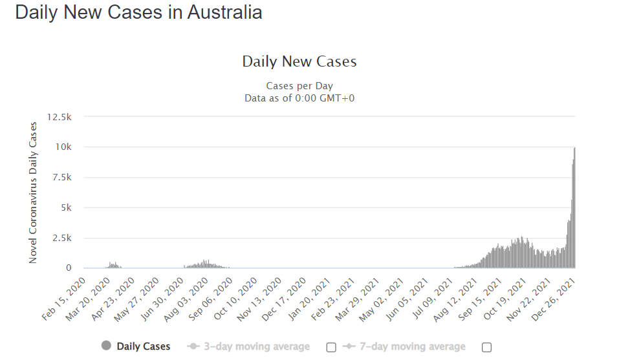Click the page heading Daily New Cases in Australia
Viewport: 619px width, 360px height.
138,12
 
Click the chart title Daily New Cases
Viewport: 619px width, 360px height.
299,62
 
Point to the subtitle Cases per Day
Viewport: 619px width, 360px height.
299,86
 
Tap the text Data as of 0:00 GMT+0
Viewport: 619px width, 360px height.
299,98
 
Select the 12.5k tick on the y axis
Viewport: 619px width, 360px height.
59,116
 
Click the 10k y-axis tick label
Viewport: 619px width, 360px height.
63,147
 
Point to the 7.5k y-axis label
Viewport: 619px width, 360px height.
61,177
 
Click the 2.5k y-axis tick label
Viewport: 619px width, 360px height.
61,238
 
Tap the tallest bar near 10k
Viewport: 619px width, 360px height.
574,207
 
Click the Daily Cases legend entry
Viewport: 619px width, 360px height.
136,347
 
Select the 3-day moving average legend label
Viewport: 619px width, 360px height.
256,347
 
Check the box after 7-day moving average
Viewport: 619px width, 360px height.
486,347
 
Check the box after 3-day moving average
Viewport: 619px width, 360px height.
331,347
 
